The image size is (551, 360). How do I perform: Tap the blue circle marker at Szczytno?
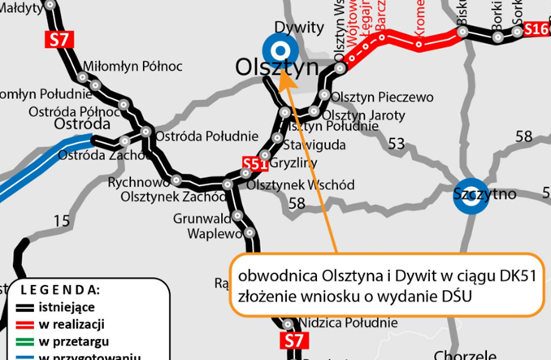click(x=471, y=196)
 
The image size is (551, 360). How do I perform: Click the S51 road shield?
click(x=255, y=165)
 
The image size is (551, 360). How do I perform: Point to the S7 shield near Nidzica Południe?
click(x=293, y=340)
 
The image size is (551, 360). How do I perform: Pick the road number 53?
click(x=397, y=144)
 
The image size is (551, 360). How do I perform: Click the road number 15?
click(x=62, y=220)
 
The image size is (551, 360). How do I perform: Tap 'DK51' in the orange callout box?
click(x=515, y=276)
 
